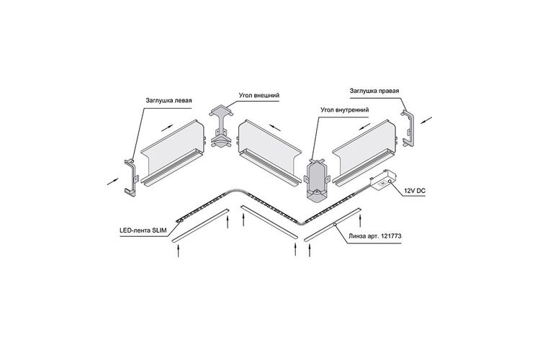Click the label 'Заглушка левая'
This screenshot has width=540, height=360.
tap(168, 101)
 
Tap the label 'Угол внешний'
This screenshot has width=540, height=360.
tap(259, 95)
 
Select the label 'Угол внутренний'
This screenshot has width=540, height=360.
tap(344, 110)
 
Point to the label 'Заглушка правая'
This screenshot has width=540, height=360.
tap(374, 91)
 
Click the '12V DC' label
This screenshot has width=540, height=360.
tap(415, 190)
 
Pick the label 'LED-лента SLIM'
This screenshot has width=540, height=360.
tap(143, 232)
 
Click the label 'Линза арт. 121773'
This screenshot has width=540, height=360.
tap(374, 237)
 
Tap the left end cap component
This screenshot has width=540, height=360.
tap(130, 178)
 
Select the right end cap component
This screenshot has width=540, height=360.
tap(408, 128)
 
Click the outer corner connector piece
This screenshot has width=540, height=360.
tap(220, 126)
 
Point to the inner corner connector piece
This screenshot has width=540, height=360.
tap(316, 180)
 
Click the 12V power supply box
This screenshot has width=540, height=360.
tap(383, 180)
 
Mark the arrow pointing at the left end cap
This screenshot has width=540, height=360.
tap(112, 181)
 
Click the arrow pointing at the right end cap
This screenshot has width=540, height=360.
tap(426, 120)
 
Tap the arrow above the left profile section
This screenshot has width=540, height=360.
tap(167, 127)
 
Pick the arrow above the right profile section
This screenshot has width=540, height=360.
tap(365, 126)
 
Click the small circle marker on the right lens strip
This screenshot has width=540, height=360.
tap(334, 225)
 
